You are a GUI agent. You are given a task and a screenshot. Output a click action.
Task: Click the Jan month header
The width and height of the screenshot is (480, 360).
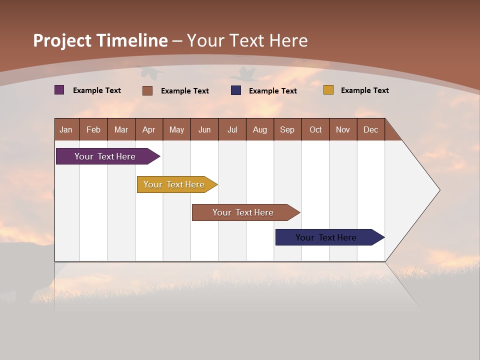66,129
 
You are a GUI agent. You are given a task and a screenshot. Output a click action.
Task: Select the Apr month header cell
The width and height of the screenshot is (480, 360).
148,129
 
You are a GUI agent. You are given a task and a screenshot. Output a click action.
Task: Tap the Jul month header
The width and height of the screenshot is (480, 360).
232,129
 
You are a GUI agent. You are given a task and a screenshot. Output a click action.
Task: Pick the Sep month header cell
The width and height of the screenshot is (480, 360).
287,129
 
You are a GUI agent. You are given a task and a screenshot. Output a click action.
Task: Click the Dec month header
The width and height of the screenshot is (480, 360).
370,129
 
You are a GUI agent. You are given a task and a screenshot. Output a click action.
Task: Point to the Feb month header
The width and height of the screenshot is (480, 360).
93,129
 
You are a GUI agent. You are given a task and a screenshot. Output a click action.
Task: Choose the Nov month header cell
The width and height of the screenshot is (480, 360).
342,129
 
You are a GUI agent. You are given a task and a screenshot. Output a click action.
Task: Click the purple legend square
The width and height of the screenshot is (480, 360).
59,90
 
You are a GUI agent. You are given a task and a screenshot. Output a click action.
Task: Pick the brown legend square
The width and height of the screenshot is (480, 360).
147,90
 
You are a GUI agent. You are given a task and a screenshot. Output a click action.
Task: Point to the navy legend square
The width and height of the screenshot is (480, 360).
236,90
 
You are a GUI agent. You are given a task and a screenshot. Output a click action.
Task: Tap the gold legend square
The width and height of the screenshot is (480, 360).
328,90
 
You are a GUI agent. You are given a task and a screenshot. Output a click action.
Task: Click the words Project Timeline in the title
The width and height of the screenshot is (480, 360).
100,40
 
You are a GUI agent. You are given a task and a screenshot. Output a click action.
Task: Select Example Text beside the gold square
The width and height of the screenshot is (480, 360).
364,90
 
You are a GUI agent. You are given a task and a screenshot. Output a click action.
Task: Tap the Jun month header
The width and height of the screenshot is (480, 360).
204,129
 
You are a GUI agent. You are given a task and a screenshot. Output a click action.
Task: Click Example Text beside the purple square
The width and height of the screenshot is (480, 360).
96,90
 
